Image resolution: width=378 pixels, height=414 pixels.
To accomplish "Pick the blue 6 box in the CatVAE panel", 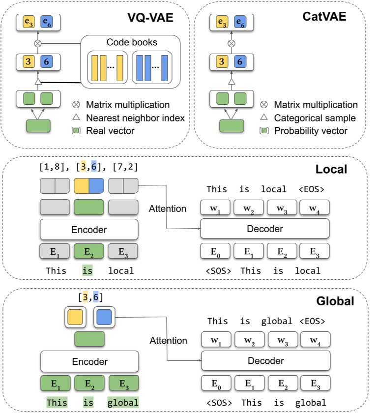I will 239,61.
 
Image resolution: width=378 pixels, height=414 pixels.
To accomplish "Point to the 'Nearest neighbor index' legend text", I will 135,118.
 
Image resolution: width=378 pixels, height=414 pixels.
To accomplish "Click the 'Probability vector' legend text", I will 311,131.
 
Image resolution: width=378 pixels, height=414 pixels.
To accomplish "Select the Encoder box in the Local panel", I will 89,229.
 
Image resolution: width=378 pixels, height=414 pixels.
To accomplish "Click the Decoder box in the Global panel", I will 265,361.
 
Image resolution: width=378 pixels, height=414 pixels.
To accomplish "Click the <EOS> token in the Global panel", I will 312,321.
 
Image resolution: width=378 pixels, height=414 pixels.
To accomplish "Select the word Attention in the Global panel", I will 168,340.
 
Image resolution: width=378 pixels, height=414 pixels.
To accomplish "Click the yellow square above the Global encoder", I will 76,317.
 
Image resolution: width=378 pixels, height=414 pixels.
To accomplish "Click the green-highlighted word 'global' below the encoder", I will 123,403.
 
